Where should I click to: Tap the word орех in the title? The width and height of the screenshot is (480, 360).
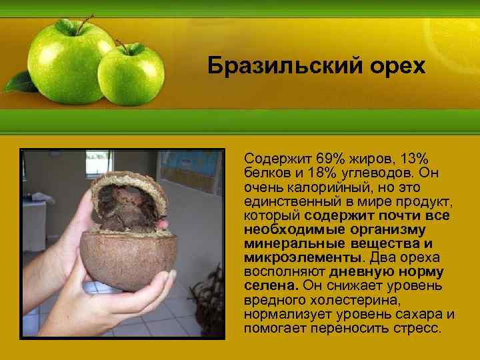(x=394, y=66)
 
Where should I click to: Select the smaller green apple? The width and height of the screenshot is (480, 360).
(x=131, y=74)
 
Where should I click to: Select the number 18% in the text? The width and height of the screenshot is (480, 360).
(x=311, y=173)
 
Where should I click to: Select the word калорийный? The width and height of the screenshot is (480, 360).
(x=313, y=187)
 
